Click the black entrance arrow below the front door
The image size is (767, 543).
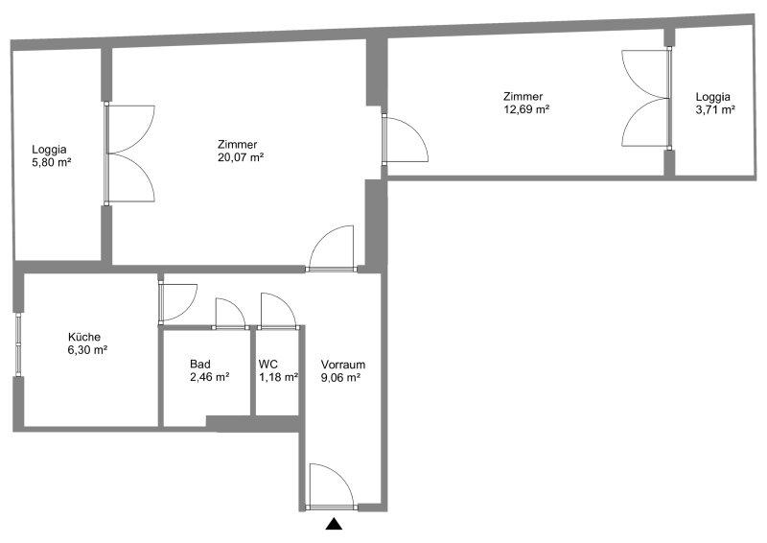[334, 525]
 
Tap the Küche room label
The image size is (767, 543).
[84, 337]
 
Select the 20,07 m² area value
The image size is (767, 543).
[241, 157]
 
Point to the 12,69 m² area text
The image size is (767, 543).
[526, 109]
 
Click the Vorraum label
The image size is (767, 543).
[343, 365]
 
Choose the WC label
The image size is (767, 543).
[268, 365]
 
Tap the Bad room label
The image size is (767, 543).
[200, 365]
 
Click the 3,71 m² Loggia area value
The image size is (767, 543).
[715, 109]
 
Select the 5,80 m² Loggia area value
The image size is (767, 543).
[52, 162]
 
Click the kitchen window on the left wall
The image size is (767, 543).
[18, 345]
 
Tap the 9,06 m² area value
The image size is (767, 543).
[341, 377]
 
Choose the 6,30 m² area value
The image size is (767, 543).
[87, 350]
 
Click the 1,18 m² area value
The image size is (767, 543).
[279, 377]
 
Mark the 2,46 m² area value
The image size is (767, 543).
[210, 377]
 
